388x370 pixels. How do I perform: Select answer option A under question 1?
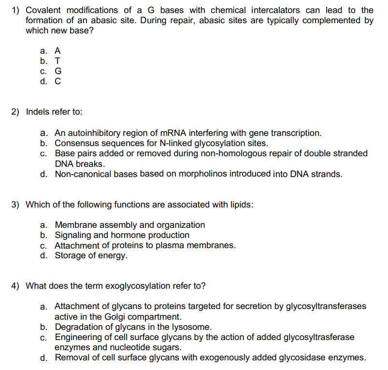tap(57, 50)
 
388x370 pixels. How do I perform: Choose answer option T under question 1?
tap(57, 61)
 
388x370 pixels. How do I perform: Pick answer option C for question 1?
tap(58, 81)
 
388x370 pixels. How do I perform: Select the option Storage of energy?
tap(91, 256)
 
